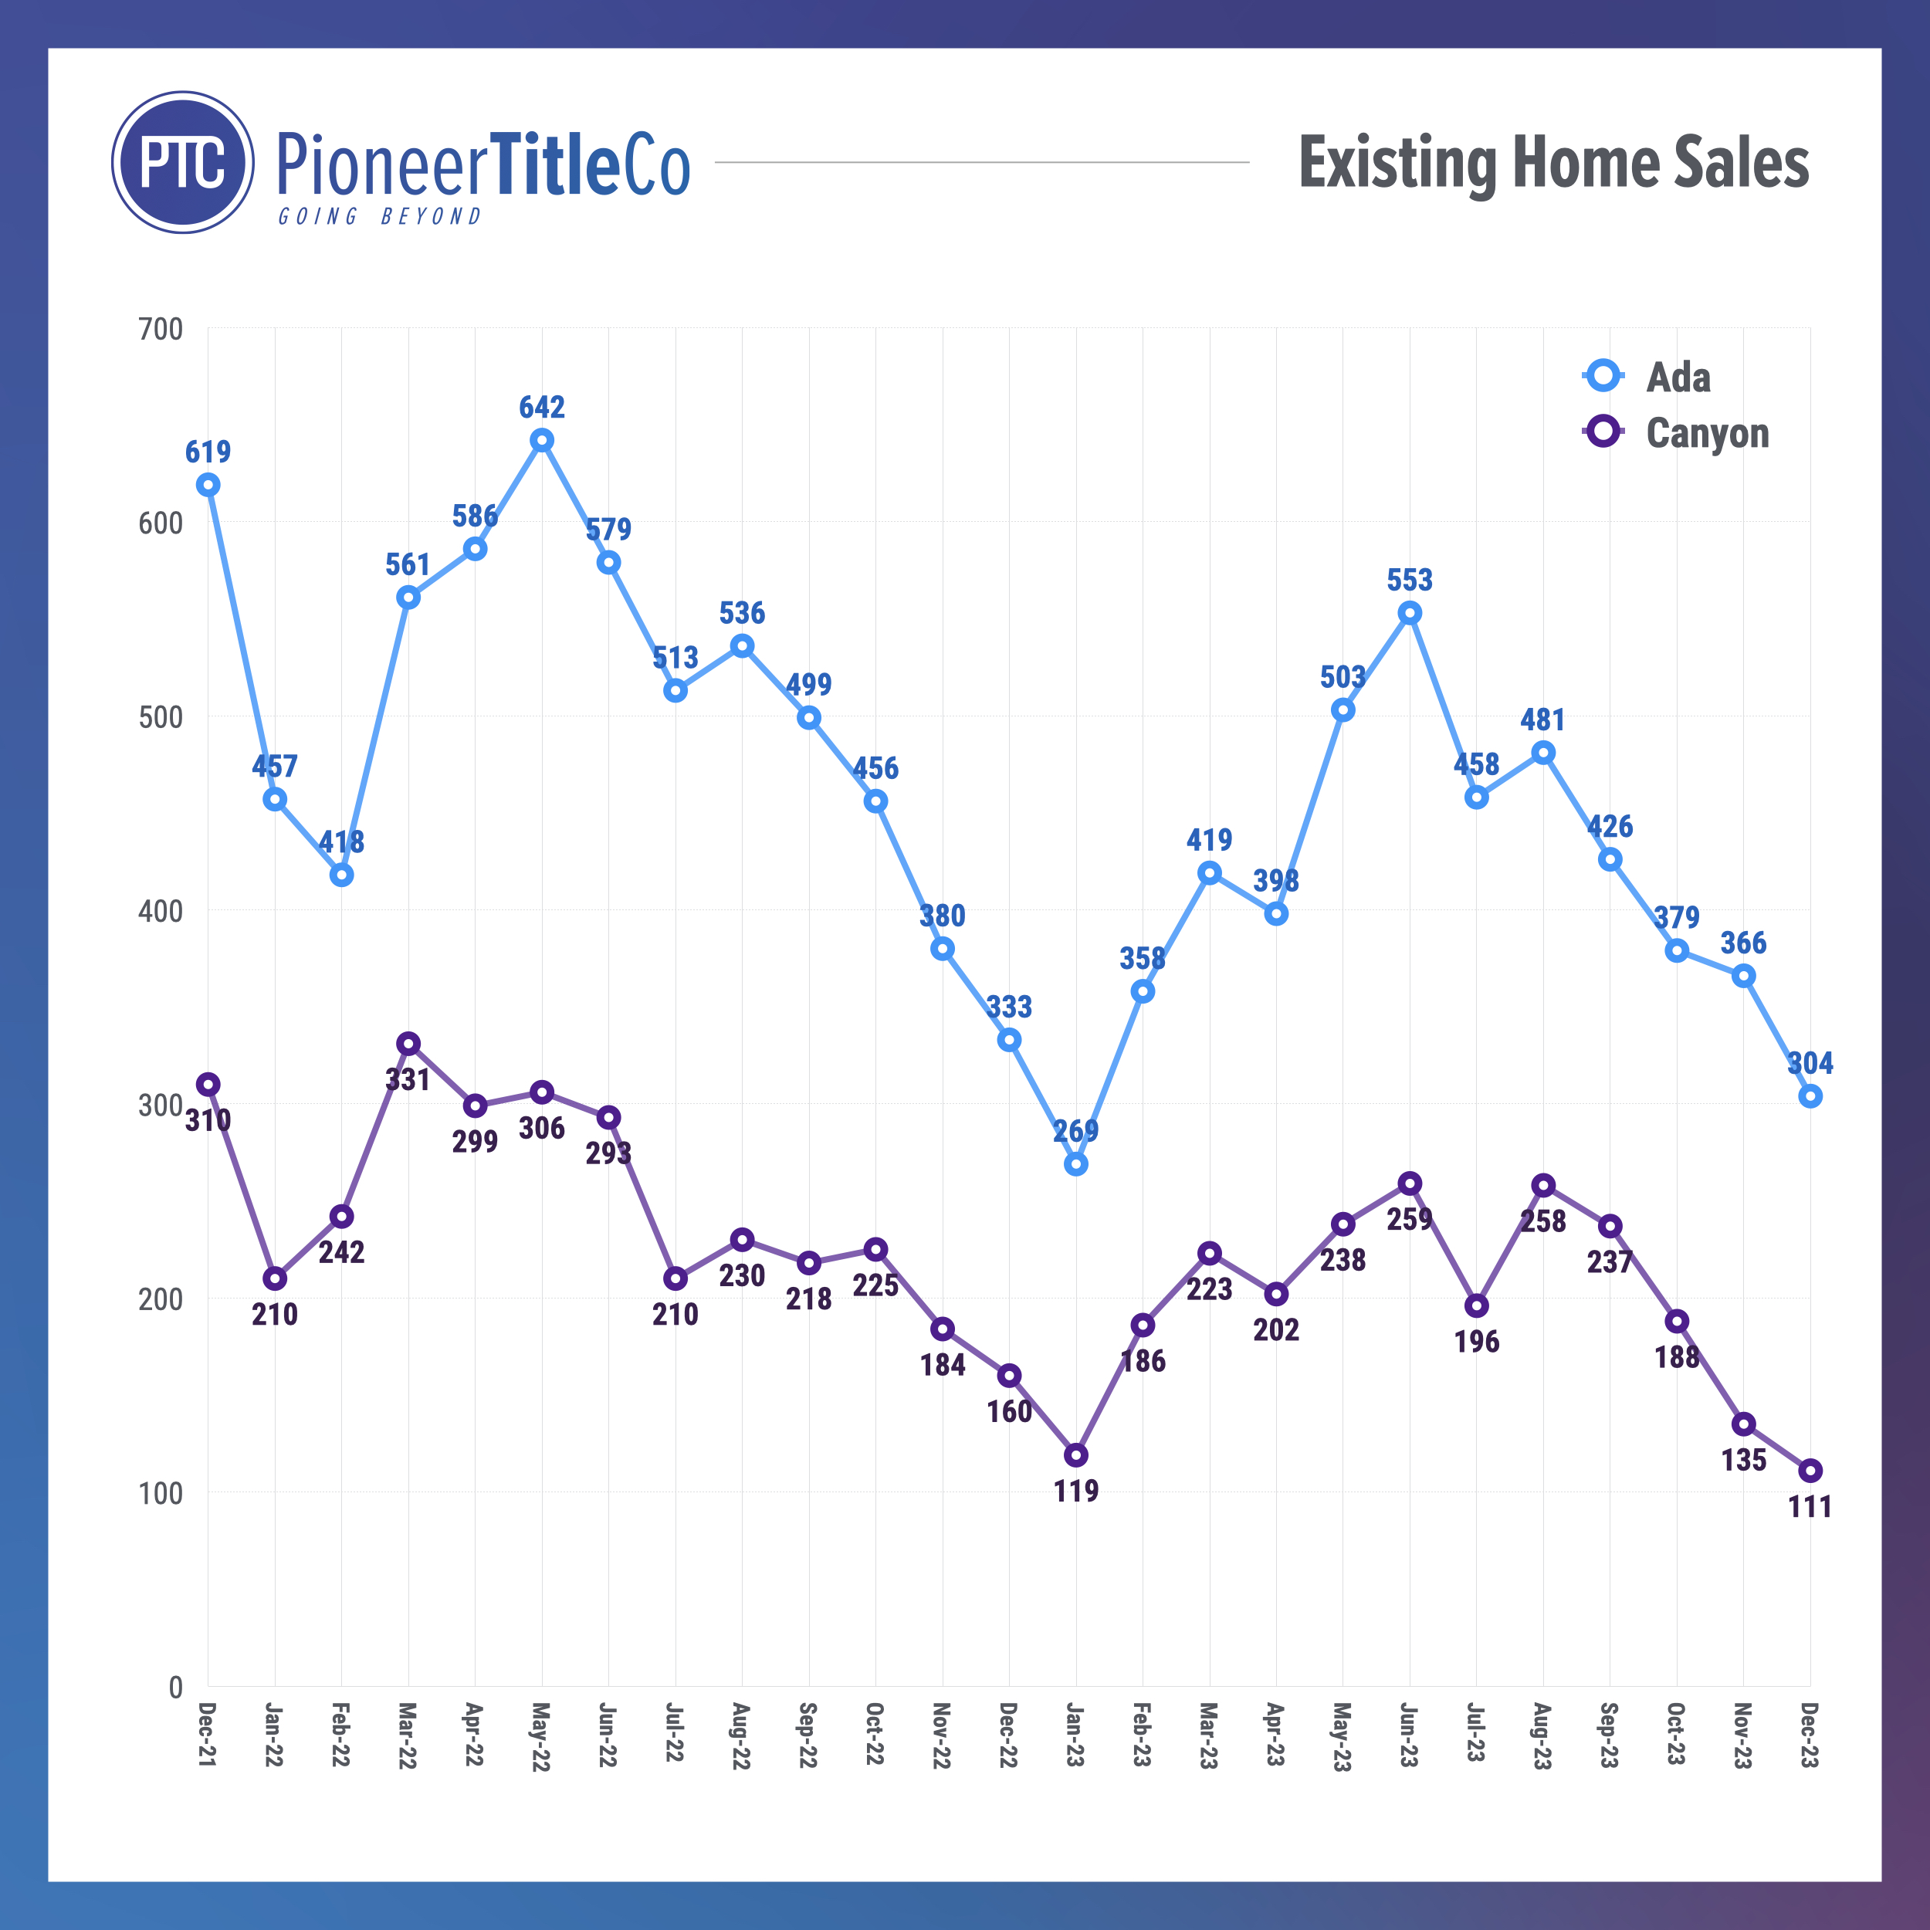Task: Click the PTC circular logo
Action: [183, 162]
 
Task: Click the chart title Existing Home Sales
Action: [1553, 162]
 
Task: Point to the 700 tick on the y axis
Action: [161, 329]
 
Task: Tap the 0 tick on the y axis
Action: [174, 1688]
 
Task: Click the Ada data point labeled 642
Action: [541, 441]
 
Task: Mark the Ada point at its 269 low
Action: [1076, 1165]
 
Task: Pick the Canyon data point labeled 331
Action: [408, 1044]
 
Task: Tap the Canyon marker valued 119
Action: [1076, 1455]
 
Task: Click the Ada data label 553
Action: [1410, 580]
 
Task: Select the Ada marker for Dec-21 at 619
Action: [208, 486]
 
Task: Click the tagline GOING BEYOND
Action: [380, 217]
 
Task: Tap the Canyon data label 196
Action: [1477, 1342]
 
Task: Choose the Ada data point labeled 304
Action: [1810, 1097]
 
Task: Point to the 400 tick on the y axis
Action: [161, 911]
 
